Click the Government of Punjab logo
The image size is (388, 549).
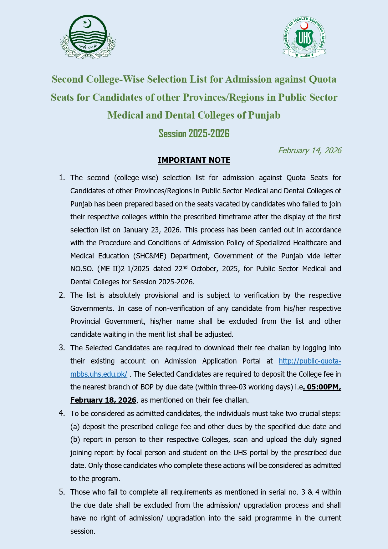tap(88, 37)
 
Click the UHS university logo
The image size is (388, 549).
tap(304, 37)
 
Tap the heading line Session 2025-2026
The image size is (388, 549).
tap(194, 134)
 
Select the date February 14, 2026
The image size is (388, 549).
tap(309, 150)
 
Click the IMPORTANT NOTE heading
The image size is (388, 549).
tap(194, 160)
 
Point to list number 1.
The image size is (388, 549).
tap(62, 178)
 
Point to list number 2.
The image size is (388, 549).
tap(62, 295)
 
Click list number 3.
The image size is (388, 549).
tap(62, 348)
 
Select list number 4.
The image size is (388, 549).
tap(62, 414)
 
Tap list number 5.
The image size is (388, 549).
tap(62, 492)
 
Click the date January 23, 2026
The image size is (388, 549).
tap(151, 230)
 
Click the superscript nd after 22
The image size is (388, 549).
tap(185, 267)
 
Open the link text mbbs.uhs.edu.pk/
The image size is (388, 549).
tap(99, 374)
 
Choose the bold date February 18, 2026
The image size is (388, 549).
tap(103, 400)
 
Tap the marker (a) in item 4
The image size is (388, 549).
tap(75, 427)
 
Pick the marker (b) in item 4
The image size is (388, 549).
tap(75, 440)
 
